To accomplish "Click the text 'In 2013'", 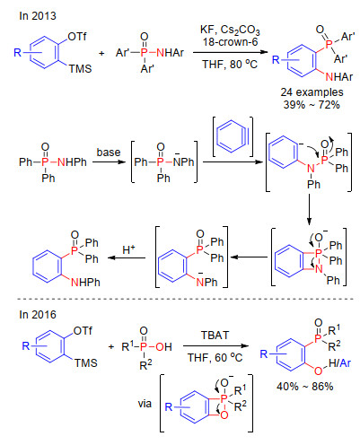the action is pyautogui.click(x=38, y=15).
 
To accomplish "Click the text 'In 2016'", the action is pyautogui.click(x=38, y=314).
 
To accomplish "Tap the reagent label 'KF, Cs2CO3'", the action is pyautogui.click(x=230, y=31).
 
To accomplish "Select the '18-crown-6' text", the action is pyautogui.click(x=230, y=42).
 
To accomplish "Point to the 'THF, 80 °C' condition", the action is pyautogui.click(x=230, y=64).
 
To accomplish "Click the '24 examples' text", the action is pyautogui.click(x=312, y=92).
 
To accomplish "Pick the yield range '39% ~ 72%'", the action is pyautogui.click(x=312, y=105).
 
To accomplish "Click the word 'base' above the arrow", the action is pyautogui.click(x=109, y=153).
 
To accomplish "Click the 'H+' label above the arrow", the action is pyautogui.click(x=128, y=249).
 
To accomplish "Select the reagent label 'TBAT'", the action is pyautogui.click(x=215, y=336).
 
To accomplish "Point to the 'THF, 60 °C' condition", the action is pyautogui.click(x=215, y=357).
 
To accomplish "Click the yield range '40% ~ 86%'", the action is pyautogui.click(x=305, y=387).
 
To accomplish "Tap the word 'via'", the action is pyautogui.click(x=145, y=404).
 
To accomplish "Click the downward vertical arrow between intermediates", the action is pyautogui.click(x=309, y=209).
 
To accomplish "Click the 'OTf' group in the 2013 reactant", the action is pyautogui.click(x=77, y=37).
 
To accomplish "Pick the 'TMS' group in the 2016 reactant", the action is pyautogui.click(x=86, y=362).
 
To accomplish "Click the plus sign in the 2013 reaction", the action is pyautogui.click(x=101, y=54).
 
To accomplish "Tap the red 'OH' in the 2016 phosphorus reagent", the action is pyautogui.click(x=163, y=347).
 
